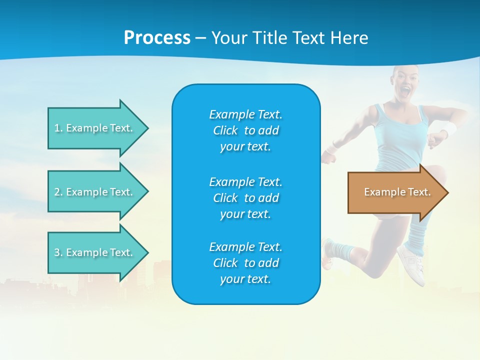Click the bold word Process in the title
[157, 38]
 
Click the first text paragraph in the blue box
[245, 130]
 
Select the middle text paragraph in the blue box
[245, 197]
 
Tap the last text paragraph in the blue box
[245, 263]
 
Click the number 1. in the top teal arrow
[58, 128]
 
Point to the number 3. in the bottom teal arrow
[58, 252]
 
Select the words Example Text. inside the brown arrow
[397, 192]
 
